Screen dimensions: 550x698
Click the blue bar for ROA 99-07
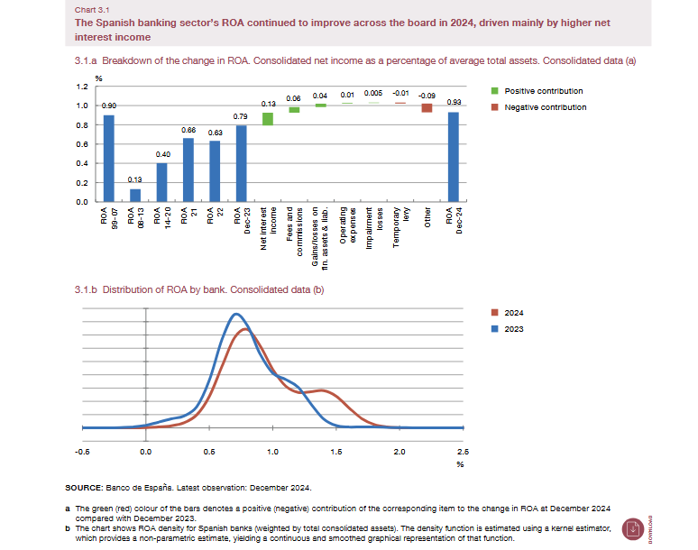click(108, 158)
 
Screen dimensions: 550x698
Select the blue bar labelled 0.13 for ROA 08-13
click(135, 195)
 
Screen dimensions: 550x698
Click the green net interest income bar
click(268, 119)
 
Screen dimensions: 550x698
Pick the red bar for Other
click(427, 108)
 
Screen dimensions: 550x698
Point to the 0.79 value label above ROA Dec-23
click(241, 116)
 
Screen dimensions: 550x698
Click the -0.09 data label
click(427, 95)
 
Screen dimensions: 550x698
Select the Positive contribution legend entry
click(543, 91)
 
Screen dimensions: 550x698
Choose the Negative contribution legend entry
click(545, 106)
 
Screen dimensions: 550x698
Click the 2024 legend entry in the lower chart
click(514, 312)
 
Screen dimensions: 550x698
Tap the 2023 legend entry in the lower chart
click(514, 328)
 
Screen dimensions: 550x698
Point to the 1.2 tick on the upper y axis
click(82, 87)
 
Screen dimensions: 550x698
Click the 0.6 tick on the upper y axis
click(82, 144)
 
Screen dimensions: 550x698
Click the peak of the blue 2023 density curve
click(236, 314)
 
